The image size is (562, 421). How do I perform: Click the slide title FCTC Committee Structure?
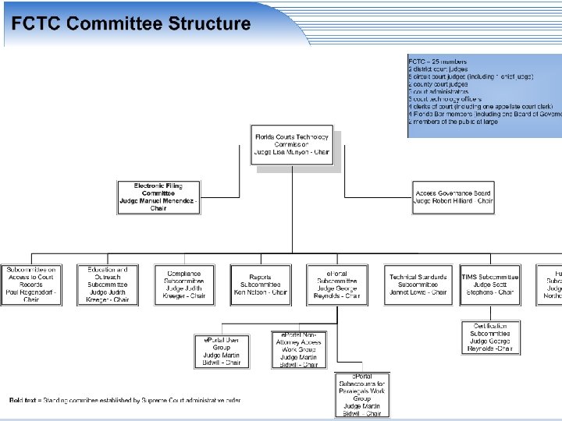pyautogui.click(x=130, y=23)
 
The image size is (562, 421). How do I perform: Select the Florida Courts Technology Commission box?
pyautogui.click(x=292, y=145)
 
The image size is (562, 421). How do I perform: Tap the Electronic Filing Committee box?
pyautogui.click(x=158, y=197)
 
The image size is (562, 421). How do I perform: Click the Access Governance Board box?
pyautogui.click(x=454, y=197)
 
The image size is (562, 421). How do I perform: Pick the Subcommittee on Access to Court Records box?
pyautogui.click(x=30, y=285)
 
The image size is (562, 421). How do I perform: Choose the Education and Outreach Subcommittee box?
pyautogui.click(x=108, y=285)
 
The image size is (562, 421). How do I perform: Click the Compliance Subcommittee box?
pyautogui.click(x=184, y=285)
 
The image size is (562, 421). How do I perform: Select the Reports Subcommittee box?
pyautogui.click(x=261, y=285)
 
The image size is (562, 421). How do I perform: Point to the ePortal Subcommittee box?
pyautogui.click(x=337, y=285)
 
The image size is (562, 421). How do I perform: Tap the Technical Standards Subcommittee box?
pyautogui.click(x=419, y=285)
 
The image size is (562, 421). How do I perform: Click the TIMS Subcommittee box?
pyautogui.click(x=490, y=285)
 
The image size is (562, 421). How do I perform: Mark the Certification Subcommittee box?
pyautogui.click(x=490, y=338)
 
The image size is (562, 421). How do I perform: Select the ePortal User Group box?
pyautogui.click(x=222, y=351)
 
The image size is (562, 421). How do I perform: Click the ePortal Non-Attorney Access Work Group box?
pyautogui.click(x=299, y=349)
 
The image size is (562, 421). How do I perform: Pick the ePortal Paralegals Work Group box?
pyautogui.click(x=362, y=395)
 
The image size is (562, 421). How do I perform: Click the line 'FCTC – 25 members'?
pyautogui.click(x=438, y=62)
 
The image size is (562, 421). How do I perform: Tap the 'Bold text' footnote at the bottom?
pyautogui.click(x=125, y=401)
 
